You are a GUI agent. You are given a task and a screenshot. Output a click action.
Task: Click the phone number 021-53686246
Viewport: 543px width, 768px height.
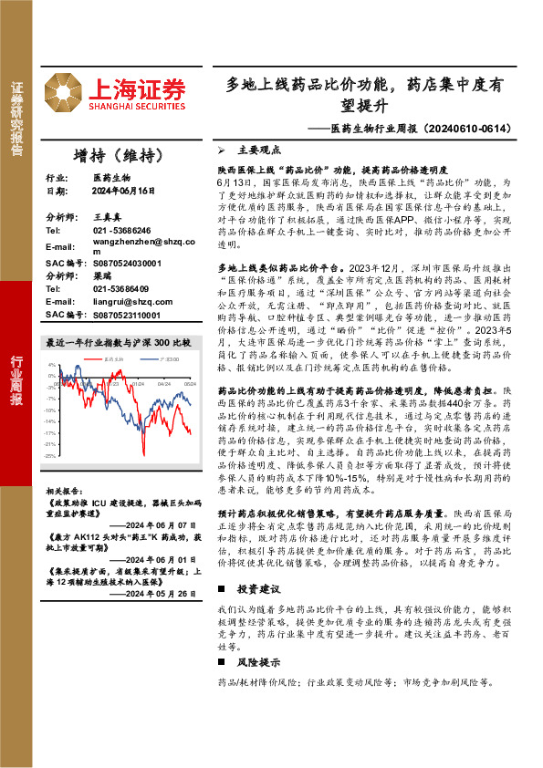(x=121, y=231)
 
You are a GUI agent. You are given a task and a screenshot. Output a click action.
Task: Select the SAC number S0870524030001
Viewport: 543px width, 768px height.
(x=127, y=264)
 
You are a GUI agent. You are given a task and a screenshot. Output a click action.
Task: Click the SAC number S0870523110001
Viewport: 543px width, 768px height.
(x=127, y=315)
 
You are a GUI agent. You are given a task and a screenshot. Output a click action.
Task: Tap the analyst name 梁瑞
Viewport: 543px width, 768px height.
(x=101, y=275)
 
